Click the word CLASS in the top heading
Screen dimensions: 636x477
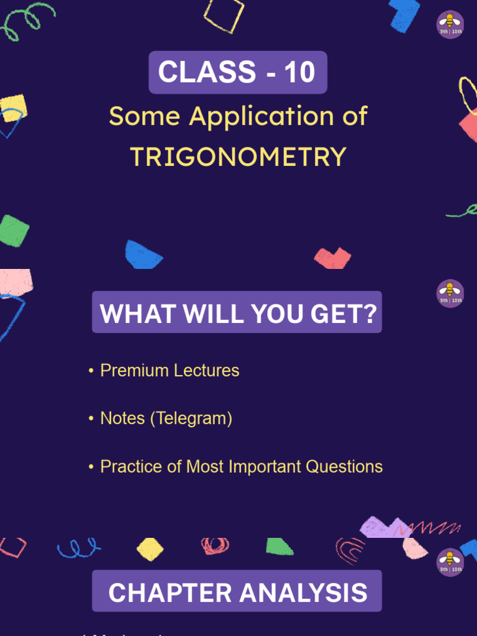click(207, 73)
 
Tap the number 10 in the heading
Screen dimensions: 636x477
click(300, 73)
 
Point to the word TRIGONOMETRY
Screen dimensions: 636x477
click(238, 157)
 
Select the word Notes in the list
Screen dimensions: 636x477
click(122, 419)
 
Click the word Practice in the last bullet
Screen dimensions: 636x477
click(131, 466)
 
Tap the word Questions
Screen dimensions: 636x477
click(345, 466)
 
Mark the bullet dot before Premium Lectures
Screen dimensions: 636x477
click(91, 371)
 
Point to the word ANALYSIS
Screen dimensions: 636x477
click(303, 593)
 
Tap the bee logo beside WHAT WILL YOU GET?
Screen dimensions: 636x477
click(450, 293)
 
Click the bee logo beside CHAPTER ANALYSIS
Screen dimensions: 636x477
click(450, 562)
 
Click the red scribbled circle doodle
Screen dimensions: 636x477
click(216, 546)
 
